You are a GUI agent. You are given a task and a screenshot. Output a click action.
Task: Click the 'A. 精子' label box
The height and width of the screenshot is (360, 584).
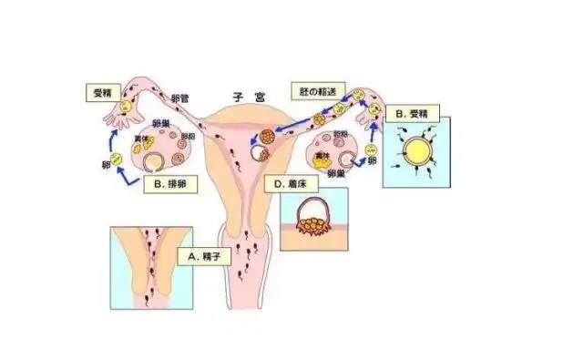pyautogui.click(x=205, y=257)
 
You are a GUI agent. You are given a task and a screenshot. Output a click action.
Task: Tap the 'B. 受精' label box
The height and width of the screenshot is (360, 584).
pyautogui.click(x=414, y=114)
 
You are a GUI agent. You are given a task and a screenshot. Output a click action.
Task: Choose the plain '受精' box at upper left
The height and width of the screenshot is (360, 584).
pyautogui.click(x=102, y=92)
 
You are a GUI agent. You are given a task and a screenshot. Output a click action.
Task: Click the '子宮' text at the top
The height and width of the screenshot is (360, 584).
pyautogui.click(x=245, y=95)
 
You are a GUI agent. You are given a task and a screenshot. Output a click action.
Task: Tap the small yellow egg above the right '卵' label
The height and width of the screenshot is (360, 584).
pyautogui.click(x=371, y=149)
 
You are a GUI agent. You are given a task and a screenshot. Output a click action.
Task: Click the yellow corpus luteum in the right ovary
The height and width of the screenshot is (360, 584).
pyautogui.click(x=322, y=157)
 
